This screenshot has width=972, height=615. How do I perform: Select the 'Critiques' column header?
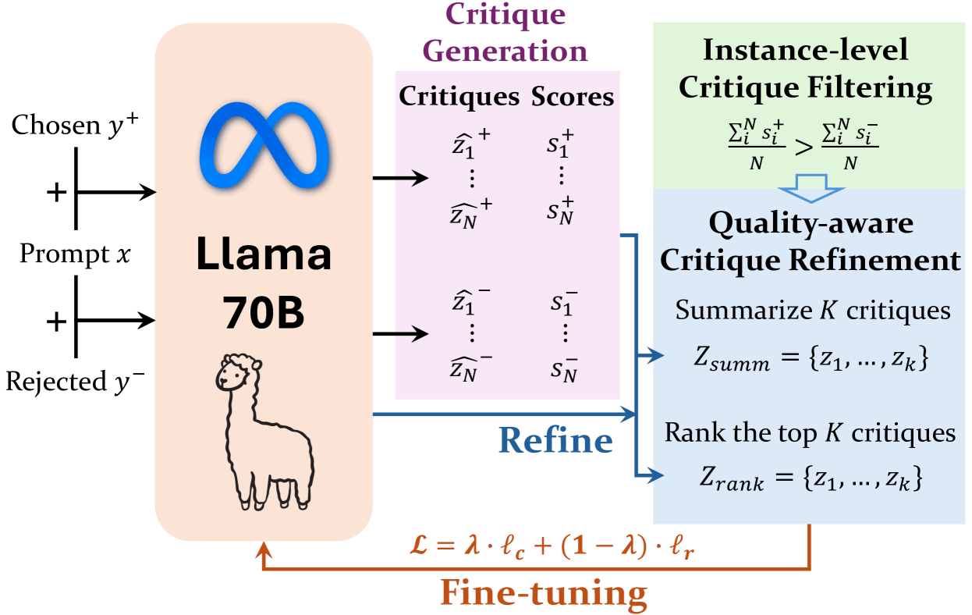[x=459, y=97]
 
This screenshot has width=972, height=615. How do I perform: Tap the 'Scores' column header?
[x=573, y=97]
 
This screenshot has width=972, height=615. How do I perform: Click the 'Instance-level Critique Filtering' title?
[x=805, y=69]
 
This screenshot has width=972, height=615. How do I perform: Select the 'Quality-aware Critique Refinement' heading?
[x=810, y=242]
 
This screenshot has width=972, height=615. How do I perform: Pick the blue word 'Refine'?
[x=555, y=441]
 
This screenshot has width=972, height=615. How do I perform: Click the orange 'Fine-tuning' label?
[x=544, y=592]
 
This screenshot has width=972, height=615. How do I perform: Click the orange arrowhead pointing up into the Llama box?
[x=264, y=551]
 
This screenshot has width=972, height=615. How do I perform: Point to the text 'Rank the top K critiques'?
[x=810, y=433]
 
